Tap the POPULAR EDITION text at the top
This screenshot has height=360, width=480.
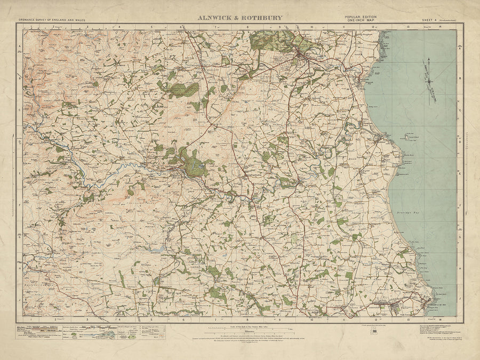click(361, 17)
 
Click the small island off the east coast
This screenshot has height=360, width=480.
click(410, 138)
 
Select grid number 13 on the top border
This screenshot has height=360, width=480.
click(407, 26)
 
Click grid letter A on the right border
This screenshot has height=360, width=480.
click(460, 47)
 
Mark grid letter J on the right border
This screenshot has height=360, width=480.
click(460, 300)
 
